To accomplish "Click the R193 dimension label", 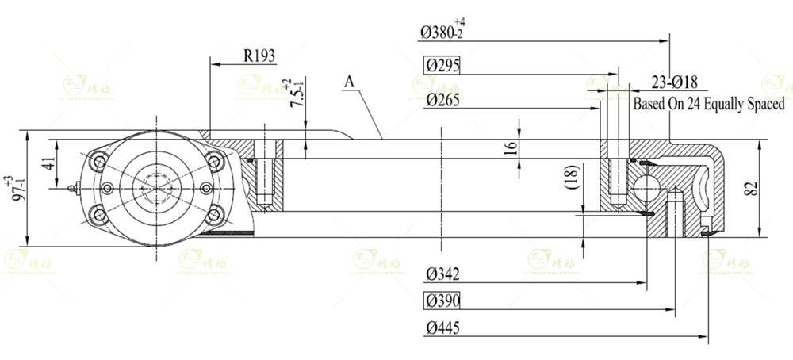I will coord(259,56).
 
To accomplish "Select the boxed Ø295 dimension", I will coord(442,66).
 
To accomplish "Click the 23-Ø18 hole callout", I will coord(674,82).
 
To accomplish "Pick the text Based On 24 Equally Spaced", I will coord(708,104).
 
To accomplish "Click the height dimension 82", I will coord(752,188).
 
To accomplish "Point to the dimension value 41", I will coord(48,165).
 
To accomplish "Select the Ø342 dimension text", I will coord(442,274).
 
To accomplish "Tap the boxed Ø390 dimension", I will coord(442,301).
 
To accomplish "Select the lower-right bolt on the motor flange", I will coord(214,214).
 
